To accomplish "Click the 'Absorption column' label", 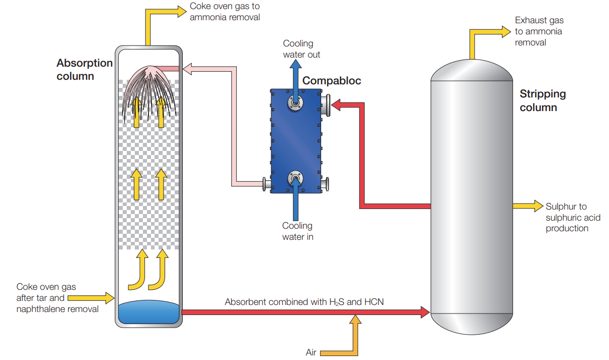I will [84, 70].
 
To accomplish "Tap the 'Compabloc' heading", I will [331, 81].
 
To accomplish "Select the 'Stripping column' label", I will [543, 100].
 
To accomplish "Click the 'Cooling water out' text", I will [301, 49].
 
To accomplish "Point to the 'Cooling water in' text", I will [297, 231].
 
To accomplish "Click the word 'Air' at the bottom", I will [311, 352].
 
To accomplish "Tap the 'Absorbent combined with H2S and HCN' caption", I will [304, 302].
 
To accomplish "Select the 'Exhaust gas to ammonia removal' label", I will [539, 31].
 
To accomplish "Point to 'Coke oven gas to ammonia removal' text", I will [225, 12].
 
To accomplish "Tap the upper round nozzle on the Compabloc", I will [295, 102].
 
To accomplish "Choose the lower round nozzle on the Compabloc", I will [295, 178].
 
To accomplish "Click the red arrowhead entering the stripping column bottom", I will [425, 312].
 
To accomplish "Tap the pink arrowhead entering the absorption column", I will [187, 68].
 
